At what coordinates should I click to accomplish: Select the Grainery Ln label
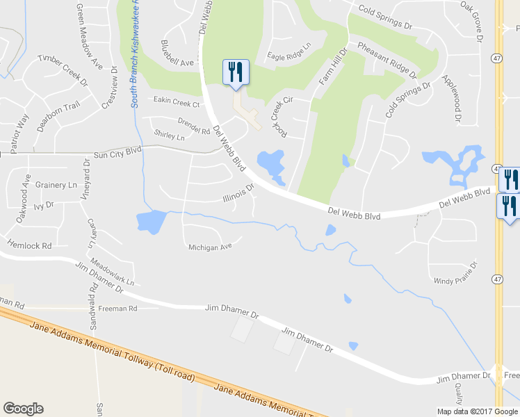56,185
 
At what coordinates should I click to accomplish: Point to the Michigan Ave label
209,247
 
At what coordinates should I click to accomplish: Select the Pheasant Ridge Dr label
387,60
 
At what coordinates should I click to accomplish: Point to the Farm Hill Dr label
332,68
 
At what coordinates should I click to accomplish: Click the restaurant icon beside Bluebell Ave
236,72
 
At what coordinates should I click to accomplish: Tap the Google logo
23,409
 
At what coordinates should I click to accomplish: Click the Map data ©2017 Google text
477,411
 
